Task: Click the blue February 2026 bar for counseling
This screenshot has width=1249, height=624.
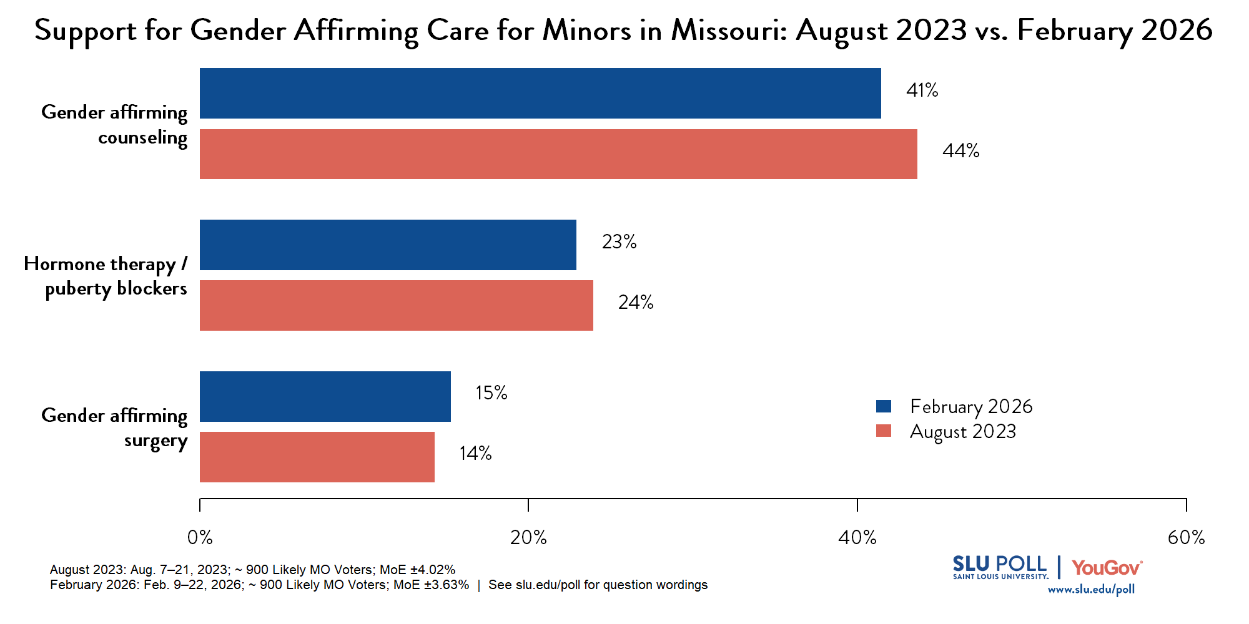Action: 540,93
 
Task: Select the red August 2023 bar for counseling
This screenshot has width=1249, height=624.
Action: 558,154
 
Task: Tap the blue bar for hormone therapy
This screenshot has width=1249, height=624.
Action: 388,245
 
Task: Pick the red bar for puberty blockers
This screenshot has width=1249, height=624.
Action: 396,305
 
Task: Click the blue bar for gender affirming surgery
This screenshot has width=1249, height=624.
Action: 325,396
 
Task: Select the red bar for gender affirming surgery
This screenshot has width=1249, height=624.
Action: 317,457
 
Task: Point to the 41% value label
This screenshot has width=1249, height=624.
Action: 922,90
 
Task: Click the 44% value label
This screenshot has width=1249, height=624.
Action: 960,151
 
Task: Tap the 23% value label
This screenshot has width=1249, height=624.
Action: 619,242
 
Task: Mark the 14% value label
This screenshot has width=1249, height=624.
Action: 475,454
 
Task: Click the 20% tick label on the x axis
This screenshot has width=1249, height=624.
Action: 528,537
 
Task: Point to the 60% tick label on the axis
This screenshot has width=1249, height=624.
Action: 1186,537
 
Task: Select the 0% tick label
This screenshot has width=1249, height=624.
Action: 200,537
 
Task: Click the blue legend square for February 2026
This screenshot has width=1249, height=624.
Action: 883,406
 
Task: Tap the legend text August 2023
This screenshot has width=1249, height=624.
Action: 962,432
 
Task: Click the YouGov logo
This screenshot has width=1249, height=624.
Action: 1107,568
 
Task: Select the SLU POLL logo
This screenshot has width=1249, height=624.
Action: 999,567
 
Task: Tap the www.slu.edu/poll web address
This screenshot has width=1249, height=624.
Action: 1090,590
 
